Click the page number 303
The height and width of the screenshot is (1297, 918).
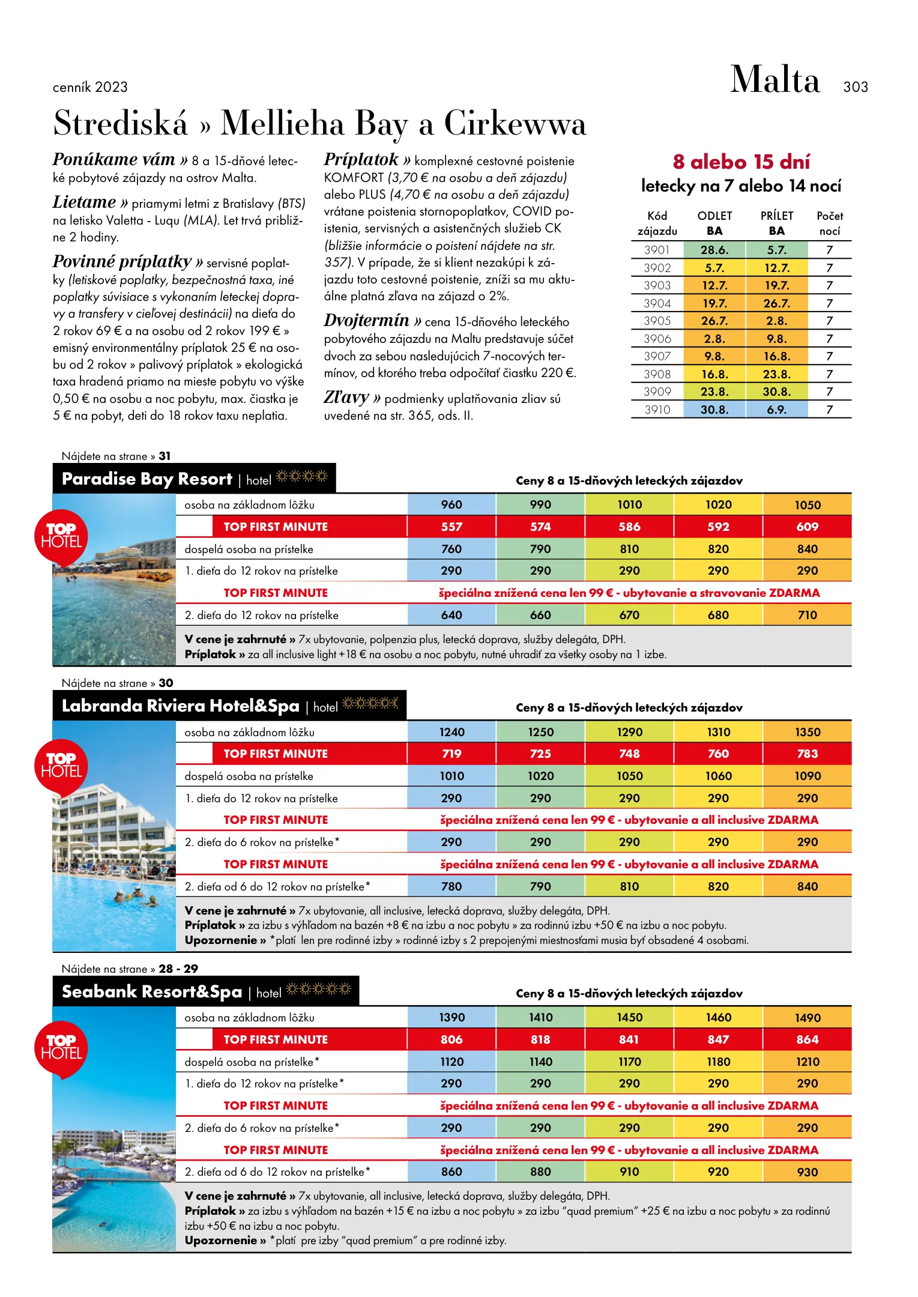point(855,87)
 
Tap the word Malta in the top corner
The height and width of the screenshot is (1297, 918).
point(775,80)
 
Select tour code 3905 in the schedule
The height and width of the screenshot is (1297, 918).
point(656,321)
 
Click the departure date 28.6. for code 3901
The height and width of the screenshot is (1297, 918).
point(714,250)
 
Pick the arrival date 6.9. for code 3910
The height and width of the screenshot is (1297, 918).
point(776,410)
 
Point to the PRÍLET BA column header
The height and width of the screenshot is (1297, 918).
point(776,223)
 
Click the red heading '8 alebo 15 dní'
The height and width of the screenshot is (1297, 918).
point(741,162)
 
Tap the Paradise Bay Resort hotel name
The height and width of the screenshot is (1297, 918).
point(146,479)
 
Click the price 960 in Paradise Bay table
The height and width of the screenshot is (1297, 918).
point(451,505)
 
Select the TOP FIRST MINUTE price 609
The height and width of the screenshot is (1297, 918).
point(807,527)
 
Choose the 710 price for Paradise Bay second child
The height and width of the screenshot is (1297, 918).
point(807,615)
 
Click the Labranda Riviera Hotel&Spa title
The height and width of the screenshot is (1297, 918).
point(180,706)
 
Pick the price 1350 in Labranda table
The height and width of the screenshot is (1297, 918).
point(807,733)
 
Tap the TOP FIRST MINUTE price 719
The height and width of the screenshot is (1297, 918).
point(451,754)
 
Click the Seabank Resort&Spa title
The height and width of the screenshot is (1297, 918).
point(152,992)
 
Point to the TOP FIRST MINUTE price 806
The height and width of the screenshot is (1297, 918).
point(451,1040)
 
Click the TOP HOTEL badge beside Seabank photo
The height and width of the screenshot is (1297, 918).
point(61,1048)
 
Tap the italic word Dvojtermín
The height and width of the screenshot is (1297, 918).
point(366,321)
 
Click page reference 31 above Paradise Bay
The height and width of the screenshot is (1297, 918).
point(165,456)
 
